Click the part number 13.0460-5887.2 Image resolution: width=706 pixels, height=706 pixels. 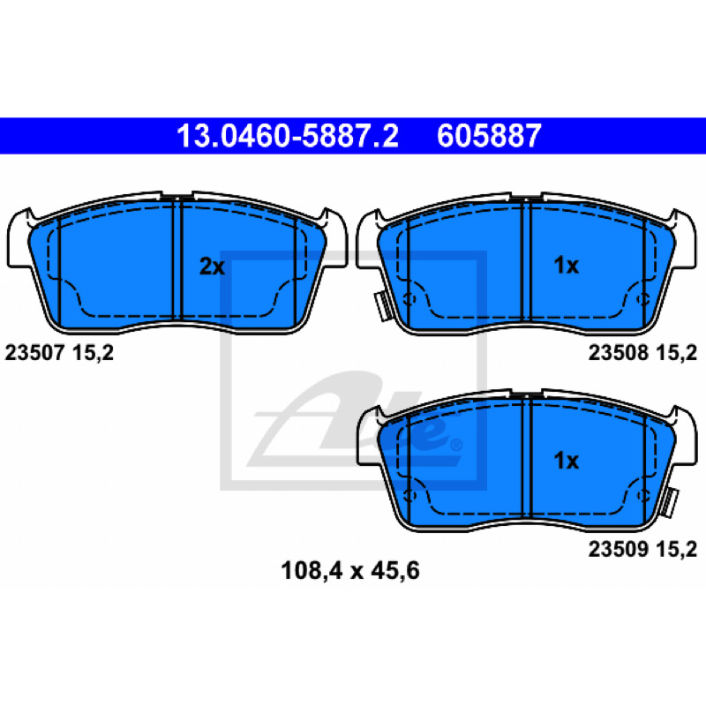click(288, 136)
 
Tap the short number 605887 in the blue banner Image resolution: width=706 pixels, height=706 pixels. click(489, 136)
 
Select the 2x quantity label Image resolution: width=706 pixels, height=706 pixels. click(212, 267)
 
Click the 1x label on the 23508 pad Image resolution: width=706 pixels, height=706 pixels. click(566, 266)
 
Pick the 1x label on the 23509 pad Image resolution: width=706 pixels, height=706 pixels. click(566, 461)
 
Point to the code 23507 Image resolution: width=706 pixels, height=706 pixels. click(35, 352)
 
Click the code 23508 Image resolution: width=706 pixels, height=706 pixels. click(619, 352)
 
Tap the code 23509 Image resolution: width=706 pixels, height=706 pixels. click(619, 549)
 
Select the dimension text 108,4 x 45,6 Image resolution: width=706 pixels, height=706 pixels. click(349, 570)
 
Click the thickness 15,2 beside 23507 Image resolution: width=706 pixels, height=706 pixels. click(93, 353)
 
